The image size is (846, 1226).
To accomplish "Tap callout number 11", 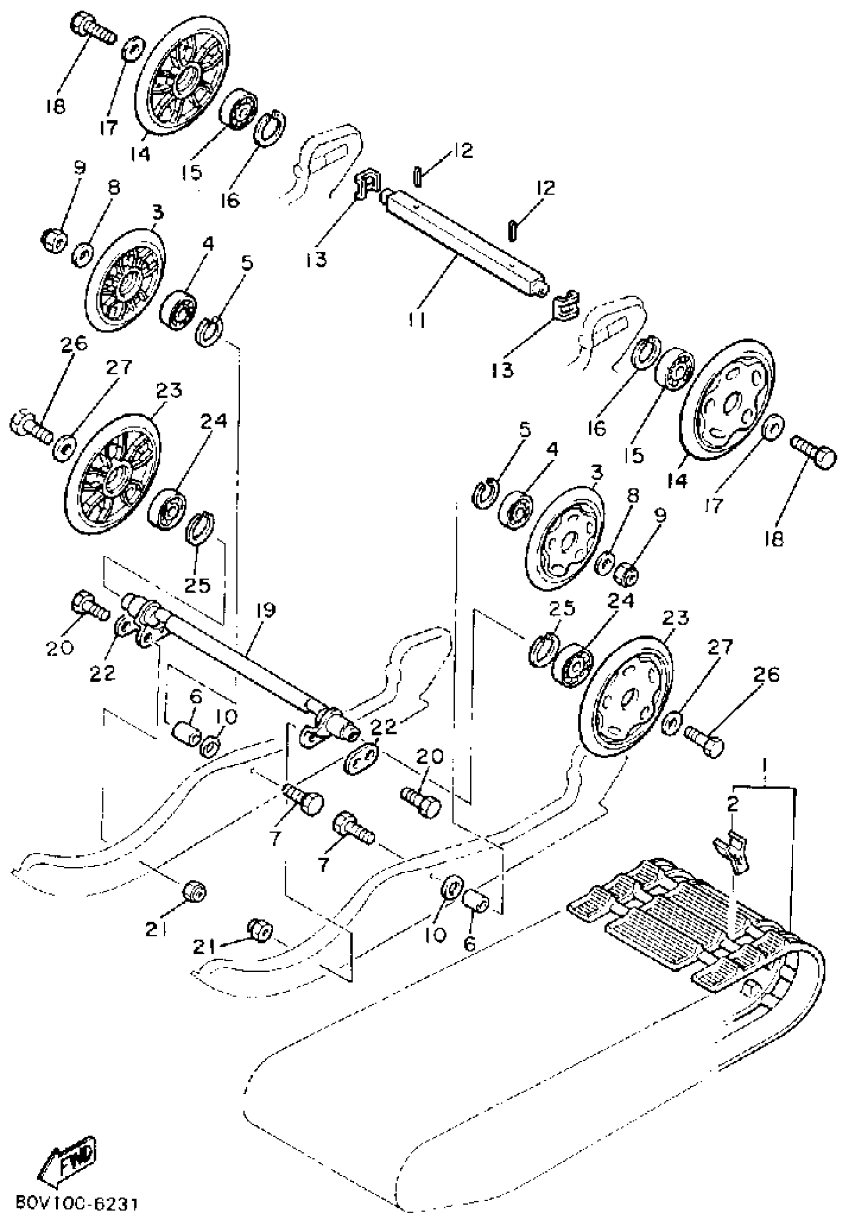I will pyautogui.click(x=417, y=319).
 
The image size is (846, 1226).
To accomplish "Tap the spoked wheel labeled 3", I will pyautogui.click(x=125, y=279).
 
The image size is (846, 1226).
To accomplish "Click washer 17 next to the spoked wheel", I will pyautogui.click(x=131, y=51).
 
